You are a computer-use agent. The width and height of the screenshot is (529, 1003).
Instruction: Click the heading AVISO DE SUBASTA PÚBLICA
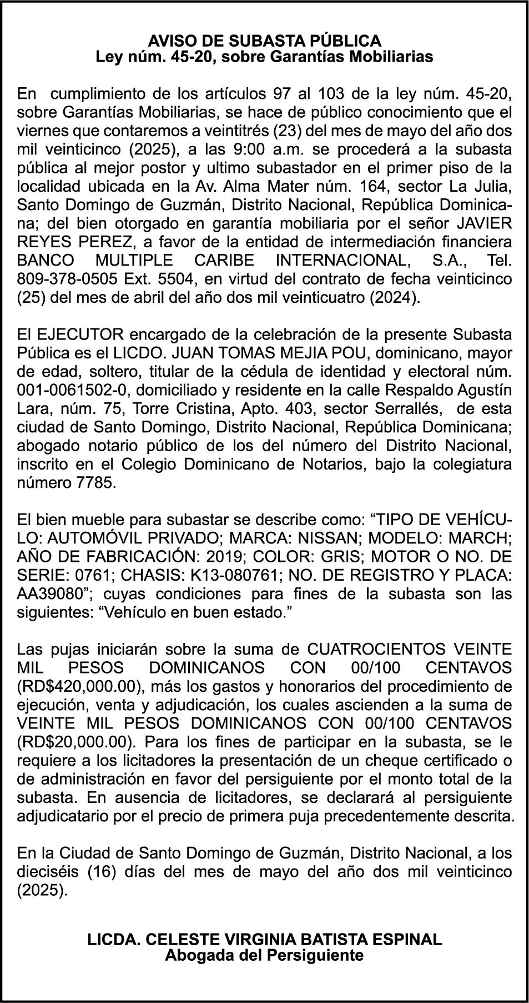[x=264, y=41]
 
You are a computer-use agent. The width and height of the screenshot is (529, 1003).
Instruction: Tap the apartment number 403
[x=298, y=408]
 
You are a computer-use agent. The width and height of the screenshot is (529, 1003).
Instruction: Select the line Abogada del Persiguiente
[x=264, y=955]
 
